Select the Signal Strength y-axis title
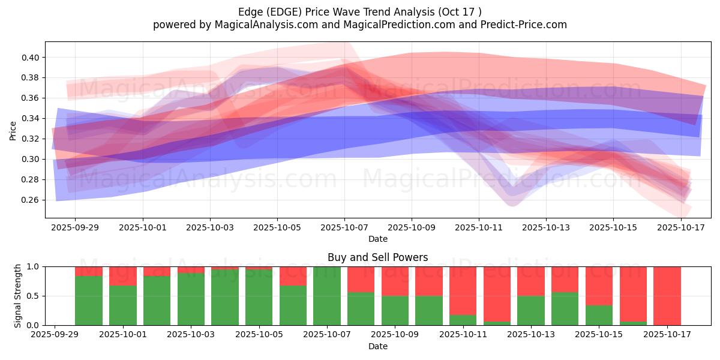(17, 296)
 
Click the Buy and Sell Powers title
(377, 257)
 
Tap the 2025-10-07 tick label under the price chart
(344, 228)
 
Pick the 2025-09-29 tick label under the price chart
(75, 228)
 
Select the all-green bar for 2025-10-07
(327, 296)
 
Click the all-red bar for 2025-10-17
(667, 296)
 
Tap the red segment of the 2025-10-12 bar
(497, 294)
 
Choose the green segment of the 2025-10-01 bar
(122, 305)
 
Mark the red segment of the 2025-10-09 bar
(395, 281)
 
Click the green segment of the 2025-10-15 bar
(599, 316)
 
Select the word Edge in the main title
(250, 11)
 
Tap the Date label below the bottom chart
(377, 346)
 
